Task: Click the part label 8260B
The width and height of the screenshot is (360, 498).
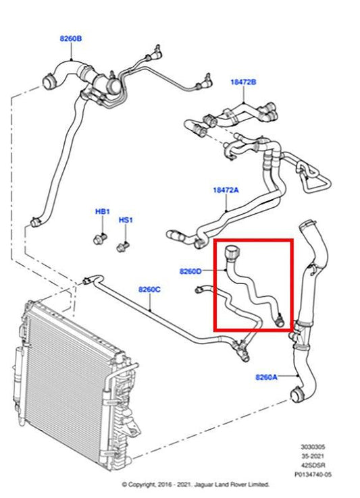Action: tap(71, 38)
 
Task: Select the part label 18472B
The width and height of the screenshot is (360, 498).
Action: tap(243, 82)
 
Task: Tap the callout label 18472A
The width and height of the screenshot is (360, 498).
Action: tap(226, 190)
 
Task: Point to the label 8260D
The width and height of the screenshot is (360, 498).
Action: tap(190, 271)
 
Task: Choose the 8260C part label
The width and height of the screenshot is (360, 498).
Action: tap(149, 289)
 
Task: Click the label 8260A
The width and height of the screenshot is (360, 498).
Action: tap(267, 377)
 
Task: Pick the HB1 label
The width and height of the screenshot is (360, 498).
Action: tap(103, 211)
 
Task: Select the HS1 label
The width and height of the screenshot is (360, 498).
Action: tap(126, 220)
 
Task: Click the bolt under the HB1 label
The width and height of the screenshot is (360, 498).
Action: tap(100, 239)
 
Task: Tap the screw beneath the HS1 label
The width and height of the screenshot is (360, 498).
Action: tap(123, 247)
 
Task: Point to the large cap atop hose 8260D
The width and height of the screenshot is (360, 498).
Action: tap(232, 252)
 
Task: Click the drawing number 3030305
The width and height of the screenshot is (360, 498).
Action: tap(313, 447)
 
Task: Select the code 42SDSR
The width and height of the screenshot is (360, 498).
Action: tap(313, 466)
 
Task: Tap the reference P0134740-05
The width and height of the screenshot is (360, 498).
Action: tap(313, 474)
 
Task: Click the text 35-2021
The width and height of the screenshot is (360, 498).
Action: tap(313, 456)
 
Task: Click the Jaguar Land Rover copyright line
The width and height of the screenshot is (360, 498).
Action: tap(196, 485)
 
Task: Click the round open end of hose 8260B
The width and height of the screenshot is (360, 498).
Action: tap(49, 81)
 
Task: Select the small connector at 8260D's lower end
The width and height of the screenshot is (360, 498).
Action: tap(280, 319)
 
